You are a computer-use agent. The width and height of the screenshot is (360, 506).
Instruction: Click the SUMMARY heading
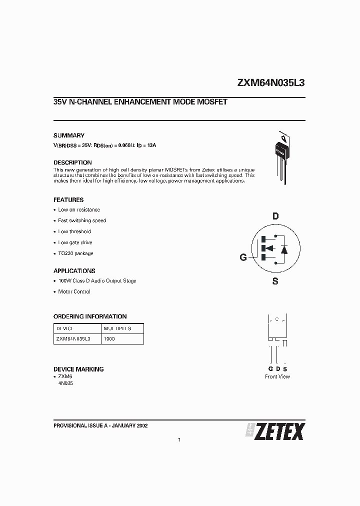[x=69, y=135]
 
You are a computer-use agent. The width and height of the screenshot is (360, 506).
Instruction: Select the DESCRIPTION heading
[x=72, y=162]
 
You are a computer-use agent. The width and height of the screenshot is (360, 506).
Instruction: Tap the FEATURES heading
[x=68, y=199]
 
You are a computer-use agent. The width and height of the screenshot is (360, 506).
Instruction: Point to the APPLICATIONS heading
[x=74, y=271]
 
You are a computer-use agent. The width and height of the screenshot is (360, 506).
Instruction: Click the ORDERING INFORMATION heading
[x=90, y=316]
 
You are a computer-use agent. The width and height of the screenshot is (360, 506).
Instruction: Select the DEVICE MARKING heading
[x=78, y=369]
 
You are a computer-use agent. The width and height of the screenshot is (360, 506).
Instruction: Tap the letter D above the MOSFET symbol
[x=275, y=216]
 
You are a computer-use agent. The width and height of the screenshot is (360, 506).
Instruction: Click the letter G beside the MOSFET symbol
[x=243, y=257]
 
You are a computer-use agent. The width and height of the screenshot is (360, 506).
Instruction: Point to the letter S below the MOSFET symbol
[x=275, y=281]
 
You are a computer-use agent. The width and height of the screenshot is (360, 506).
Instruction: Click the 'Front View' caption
[x=277, y=376]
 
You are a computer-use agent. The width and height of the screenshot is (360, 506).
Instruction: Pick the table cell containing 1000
[x=109, y=338]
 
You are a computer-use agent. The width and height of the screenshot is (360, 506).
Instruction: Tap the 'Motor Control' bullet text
[x=74, y=291]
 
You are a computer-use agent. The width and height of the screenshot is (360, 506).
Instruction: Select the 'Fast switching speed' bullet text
[x=82, y=220]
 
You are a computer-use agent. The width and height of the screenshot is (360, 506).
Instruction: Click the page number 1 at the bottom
[x=179, y=440]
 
